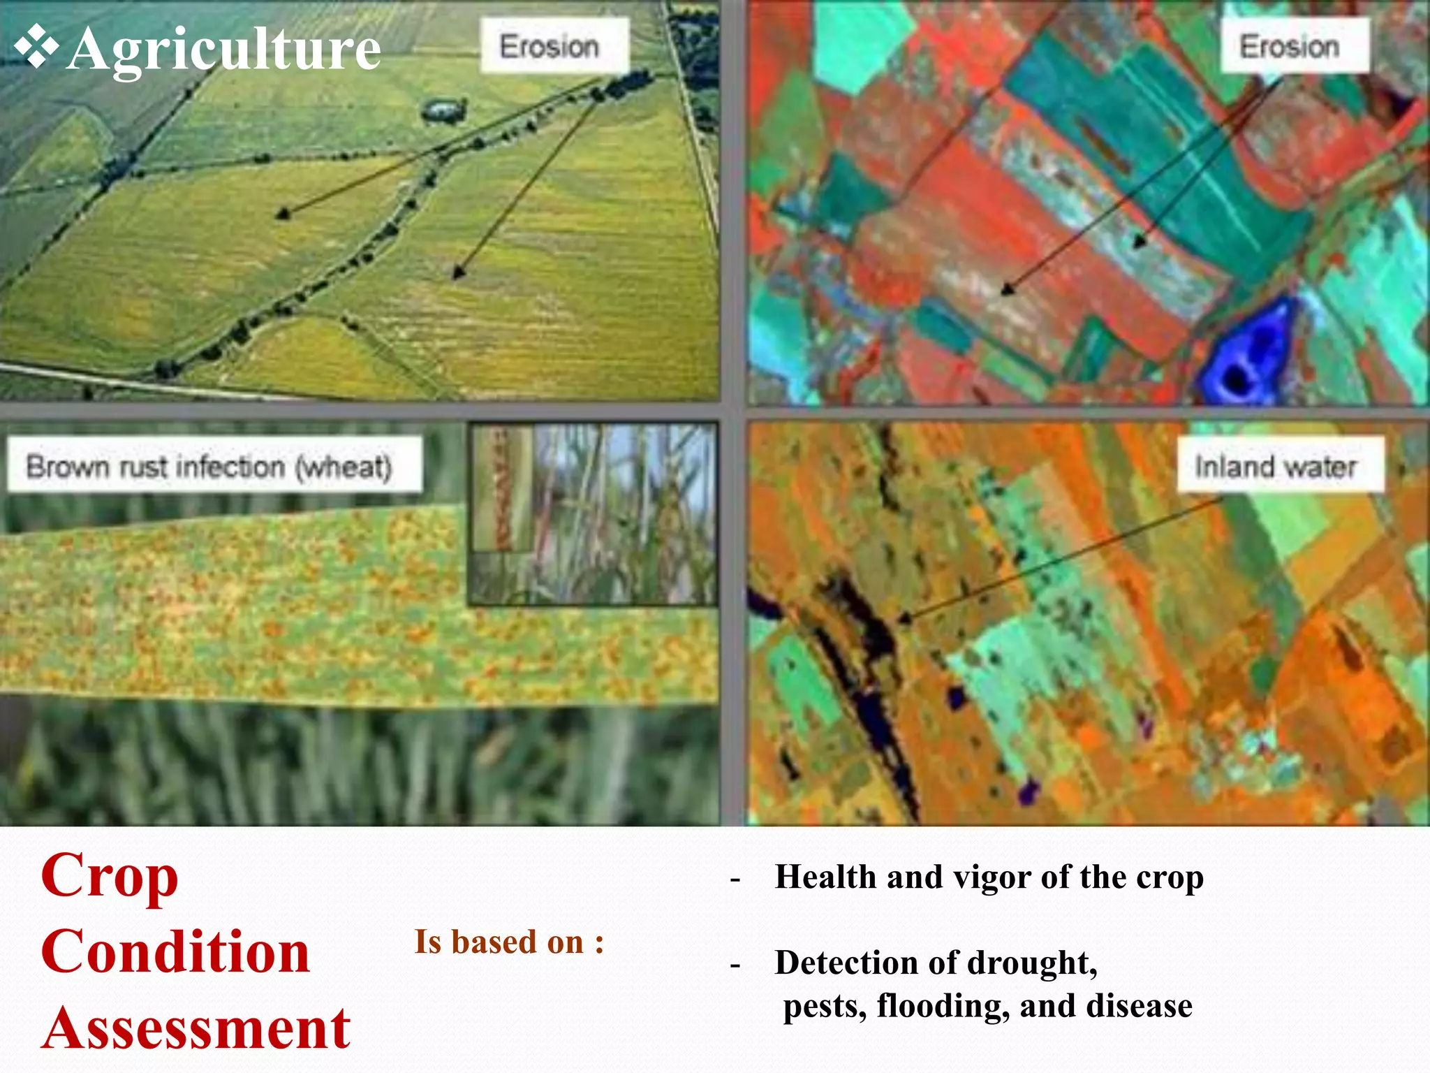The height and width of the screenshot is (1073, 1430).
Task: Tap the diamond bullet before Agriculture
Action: point(36,46)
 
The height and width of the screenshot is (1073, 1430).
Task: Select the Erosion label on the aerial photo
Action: point(550,47)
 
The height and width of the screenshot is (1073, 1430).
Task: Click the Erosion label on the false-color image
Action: point(1289,47)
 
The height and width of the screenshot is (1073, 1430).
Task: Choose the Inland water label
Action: point(1275,466)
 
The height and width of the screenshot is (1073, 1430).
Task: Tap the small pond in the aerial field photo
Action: point(442,110)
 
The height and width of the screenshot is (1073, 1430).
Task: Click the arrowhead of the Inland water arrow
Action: point(903,619)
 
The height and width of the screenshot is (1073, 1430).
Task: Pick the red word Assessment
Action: point(196,1028)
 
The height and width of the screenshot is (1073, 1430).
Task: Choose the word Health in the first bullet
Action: point(825,877)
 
